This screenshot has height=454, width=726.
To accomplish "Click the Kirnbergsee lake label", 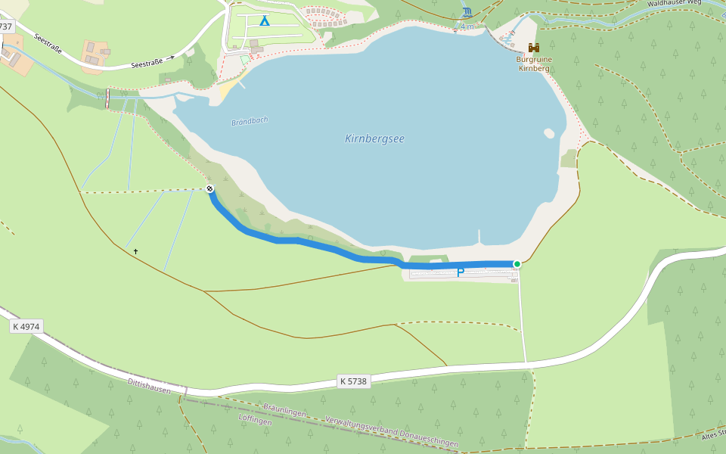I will click(x=374, y=138).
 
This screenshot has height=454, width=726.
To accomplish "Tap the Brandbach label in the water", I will click(x=250, y=121).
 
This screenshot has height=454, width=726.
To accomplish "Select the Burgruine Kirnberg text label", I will click(x=533, y=64).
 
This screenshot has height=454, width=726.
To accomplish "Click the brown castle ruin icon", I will click(x=534, y=48).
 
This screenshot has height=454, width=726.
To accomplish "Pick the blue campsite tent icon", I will click(x=264, y=20).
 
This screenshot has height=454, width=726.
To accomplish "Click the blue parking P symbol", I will click(x=460, y=272).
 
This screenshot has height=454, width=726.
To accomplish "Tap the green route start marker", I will click(x=517, y=264).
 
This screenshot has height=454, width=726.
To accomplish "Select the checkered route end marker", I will click(x=209, y=188).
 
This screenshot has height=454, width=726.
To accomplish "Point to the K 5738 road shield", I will click(x=353, y=381).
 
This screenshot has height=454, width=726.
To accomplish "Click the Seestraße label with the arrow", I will click(x=151, y=61).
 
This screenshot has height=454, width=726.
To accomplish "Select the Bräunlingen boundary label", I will click(x=284, y=412).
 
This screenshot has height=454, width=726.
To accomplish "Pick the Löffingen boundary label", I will click(x=254, y=421).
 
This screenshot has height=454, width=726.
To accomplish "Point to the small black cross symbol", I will click(x=136, y=251).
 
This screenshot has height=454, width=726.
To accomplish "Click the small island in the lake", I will click(x=548, y=134).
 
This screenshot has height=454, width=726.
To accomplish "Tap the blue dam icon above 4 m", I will click(x=467, y=12).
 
